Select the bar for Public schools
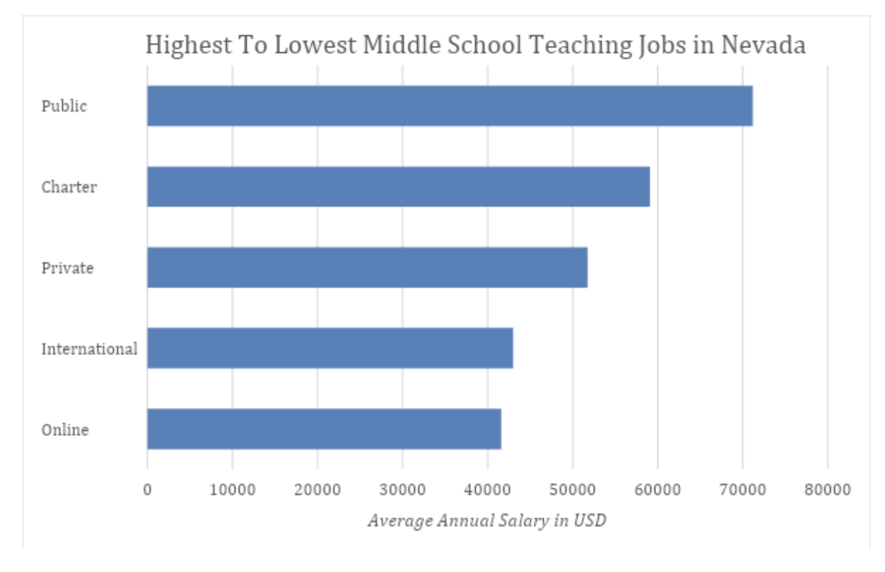[449, 106]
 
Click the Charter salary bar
[399, 187]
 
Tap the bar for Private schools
[367, 268]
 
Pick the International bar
[330, 349]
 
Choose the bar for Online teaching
[324, 430]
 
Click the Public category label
[64, 107]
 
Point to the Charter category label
[69, 188]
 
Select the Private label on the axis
[68, 268]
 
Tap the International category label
[89, 349]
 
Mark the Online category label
[65, 430]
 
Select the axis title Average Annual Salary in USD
[486, 520]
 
